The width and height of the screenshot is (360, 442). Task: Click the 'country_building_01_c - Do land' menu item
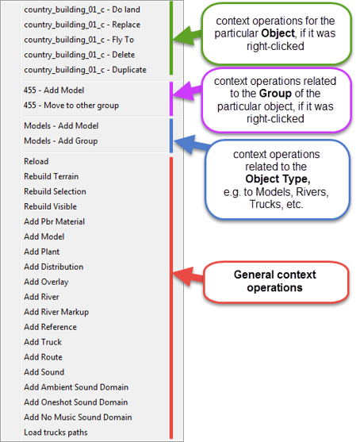tap(82, 10)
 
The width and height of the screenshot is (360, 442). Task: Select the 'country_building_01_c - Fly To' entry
tap(79, 40)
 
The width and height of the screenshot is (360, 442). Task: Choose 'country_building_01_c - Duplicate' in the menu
tap(85, 70)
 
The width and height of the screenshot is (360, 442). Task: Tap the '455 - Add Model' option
tap(54, 90)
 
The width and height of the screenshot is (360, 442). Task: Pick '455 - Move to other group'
tap(71, 106)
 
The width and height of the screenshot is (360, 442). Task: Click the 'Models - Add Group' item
tap(61, 141)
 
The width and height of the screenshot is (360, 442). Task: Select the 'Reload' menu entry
tap(36, 162)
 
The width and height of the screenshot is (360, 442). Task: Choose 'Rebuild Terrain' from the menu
tap(52, 176)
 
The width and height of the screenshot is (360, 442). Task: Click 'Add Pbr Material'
tap(55, 221)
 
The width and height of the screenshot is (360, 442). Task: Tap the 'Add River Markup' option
tap(56, 312)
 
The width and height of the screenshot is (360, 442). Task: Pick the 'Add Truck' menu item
tap(43, 342)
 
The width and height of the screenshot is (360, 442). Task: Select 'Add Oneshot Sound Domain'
tap(76, 402)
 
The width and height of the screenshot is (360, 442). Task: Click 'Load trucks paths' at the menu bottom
tap(56, 432)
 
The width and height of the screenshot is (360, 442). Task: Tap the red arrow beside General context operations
tap(188, 276)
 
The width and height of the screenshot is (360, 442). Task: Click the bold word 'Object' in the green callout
tap(278, 33)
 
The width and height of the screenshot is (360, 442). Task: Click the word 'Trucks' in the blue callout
tap(266, 204)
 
